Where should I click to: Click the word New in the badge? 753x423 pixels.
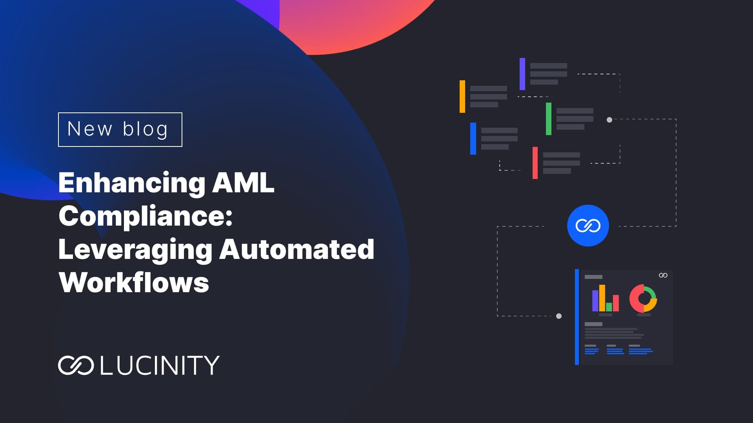[x=90, y=129]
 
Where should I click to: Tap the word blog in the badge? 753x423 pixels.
[x=146, y=130]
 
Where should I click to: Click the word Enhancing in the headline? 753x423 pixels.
[x=132, y=183]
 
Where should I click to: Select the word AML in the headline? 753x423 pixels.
[x=243, y=183]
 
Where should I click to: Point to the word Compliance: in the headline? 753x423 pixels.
[x=146, y=217]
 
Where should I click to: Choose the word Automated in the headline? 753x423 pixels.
[x=297, y=249]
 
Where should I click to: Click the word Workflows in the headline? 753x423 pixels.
[x=134, y=282]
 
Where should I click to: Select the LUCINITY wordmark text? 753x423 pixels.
[x=160, y=365]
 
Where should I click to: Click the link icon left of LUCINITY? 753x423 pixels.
[x=76, y=365]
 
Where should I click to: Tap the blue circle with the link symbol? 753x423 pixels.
[x=588, y=226]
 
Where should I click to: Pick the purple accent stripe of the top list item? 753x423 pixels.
[x=522, y=74]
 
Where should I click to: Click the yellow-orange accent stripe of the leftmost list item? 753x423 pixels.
[x=462, y=96]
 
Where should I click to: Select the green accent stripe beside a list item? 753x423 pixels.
[x=549, y=119]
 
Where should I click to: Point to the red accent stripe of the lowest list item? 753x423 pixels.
[x=535, y=163]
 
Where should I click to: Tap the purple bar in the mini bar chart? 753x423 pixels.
[x=595, y=301]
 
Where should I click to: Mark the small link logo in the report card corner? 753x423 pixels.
[x=663, y=275]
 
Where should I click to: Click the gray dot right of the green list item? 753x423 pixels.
[x=609, y=120]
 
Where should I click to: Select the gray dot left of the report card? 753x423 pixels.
[x=559, y=316]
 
